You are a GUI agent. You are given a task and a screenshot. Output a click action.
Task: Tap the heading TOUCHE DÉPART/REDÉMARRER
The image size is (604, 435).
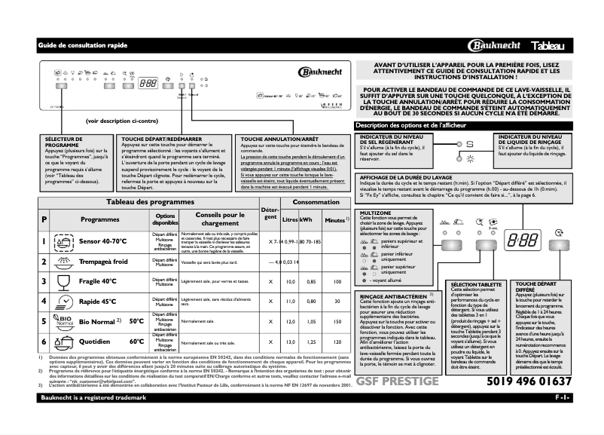[161, 139]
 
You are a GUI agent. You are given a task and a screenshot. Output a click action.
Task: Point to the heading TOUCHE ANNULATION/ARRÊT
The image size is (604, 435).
[277, 139]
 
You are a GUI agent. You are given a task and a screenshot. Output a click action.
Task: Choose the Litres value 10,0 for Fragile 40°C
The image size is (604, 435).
[288, 281]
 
